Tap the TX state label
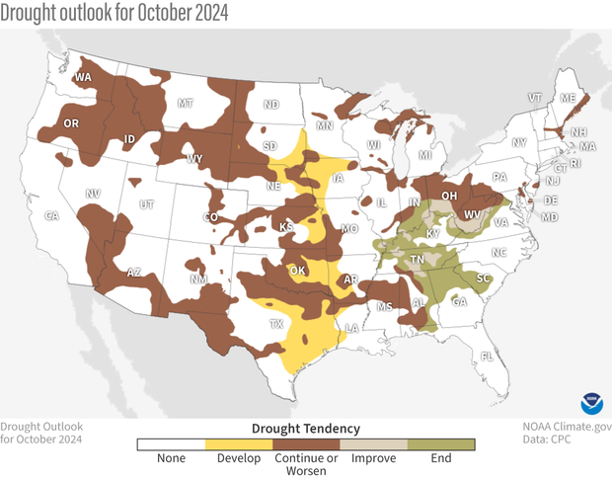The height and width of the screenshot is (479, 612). click(276, 324)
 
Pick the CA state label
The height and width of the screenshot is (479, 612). click(52, 215)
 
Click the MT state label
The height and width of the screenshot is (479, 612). click(185, 103)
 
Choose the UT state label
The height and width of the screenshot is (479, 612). click(147, 204)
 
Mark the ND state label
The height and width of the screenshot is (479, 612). click(270, 104)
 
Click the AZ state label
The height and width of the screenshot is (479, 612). click(135, 273)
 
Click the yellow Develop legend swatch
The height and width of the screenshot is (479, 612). click(238, 444)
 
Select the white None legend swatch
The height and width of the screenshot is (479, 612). click(171, 444)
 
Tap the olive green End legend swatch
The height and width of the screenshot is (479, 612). click(441, 444)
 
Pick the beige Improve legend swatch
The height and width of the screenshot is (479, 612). click(374, 444)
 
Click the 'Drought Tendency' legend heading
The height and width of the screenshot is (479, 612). click(306, 429)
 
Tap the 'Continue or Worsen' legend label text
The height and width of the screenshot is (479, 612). click(306, 465)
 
